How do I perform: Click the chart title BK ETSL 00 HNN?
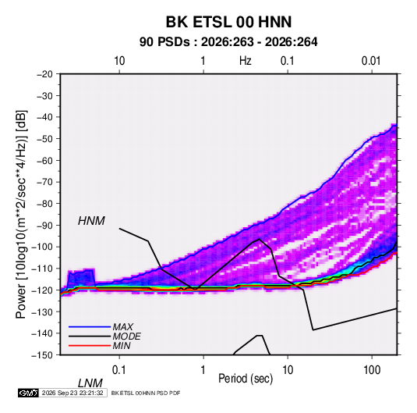(228, 22)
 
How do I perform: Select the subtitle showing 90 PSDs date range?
(228, 42)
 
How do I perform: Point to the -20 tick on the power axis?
(44, 74)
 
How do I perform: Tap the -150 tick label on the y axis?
(42, 355)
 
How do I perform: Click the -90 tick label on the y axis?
(44, 225)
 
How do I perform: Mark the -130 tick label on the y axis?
(42, 312)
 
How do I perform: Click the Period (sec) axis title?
(246, 379)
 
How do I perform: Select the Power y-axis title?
(21, 214)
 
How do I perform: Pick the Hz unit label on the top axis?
(246, 61)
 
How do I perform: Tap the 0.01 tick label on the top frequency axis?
(371, 61)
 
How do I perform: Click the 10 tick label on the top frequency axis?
(119, 61)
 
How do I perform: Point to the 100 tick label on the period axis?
(372, 370)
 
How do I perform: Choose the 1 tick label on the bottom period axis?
(203, 370)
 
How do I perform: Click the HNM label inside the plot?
(91, 221)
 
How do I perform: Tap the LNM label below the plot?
(90, 383)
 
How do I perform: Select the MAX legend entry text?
(123, 327)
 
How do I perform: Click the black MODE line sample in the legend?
(90, 336)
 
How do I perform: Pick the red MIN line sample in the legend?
(90, 346)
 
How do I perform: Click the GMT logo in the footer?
(29, 393)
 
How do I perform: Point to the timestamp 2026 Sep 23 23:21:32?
(72, 393)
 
